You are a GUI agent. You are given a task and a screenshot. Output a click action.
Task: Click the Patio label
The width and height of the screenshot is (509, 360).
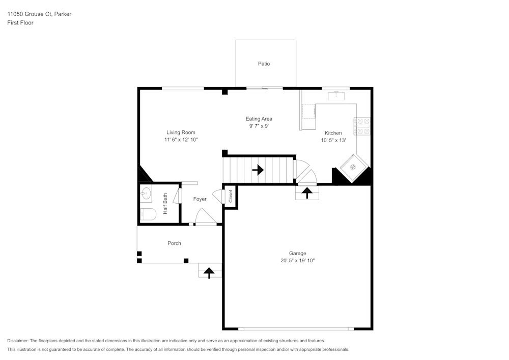264,64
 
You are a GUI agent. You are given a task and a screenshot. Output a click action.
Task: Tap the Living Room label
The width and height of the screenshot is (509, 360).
181,132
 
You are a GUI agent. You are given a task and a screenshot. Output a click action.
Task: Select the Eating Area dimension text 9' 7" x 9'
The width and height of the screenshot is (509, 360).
259,126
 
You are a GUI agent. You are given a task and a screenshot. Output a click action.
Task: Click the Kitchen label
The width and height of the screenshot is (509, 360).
333,133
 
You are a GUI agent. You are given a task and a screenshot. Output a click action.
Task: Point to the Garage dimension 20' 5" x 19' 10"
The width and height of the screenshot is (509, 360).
297,260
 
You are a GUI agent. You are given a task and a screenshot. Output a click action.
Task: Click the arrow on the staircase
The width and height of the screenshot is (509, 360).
258,170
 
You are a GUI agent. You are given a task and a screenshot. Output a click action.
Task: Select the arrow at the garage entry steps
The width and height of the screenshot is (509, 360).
307,192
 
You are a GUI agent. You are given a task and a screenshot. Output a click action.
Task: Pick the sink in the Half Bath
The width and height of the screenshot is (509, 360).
147,193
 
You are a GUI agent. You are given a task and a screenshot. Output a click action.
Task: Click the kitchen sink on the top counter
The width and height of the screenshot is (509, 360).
336,95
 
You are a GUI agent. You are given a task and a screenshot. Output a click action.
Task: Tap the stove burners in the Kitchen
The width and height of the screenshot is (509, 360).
362,126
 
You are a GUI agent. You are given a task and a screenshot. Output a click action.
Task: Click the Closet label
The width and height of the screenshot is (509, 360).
231,196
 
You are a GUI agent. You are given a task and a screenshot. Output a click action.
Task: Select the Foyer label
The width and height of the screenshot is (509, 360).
200,199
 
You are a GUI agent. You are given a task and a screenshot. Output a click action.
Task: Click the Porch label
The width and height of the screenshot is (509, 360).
174,243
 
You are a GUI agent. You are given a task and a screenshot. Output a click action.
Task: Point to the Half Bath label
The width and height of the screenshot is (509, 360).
165,204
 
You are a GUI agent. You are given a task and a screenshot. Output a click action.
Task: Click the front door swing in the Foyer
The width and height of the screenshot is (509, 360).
206,216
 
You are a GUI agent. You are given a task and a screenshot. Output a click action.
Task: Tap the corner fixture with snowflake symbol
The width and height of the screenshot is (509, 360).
352,167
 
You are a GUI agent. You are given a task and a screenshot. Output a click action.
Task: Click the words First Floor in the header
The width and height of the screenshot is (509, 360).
20,23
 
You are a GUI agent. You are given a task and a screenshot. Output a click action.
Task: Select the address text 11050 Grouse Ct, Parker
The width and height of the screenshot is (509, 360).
39,14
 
